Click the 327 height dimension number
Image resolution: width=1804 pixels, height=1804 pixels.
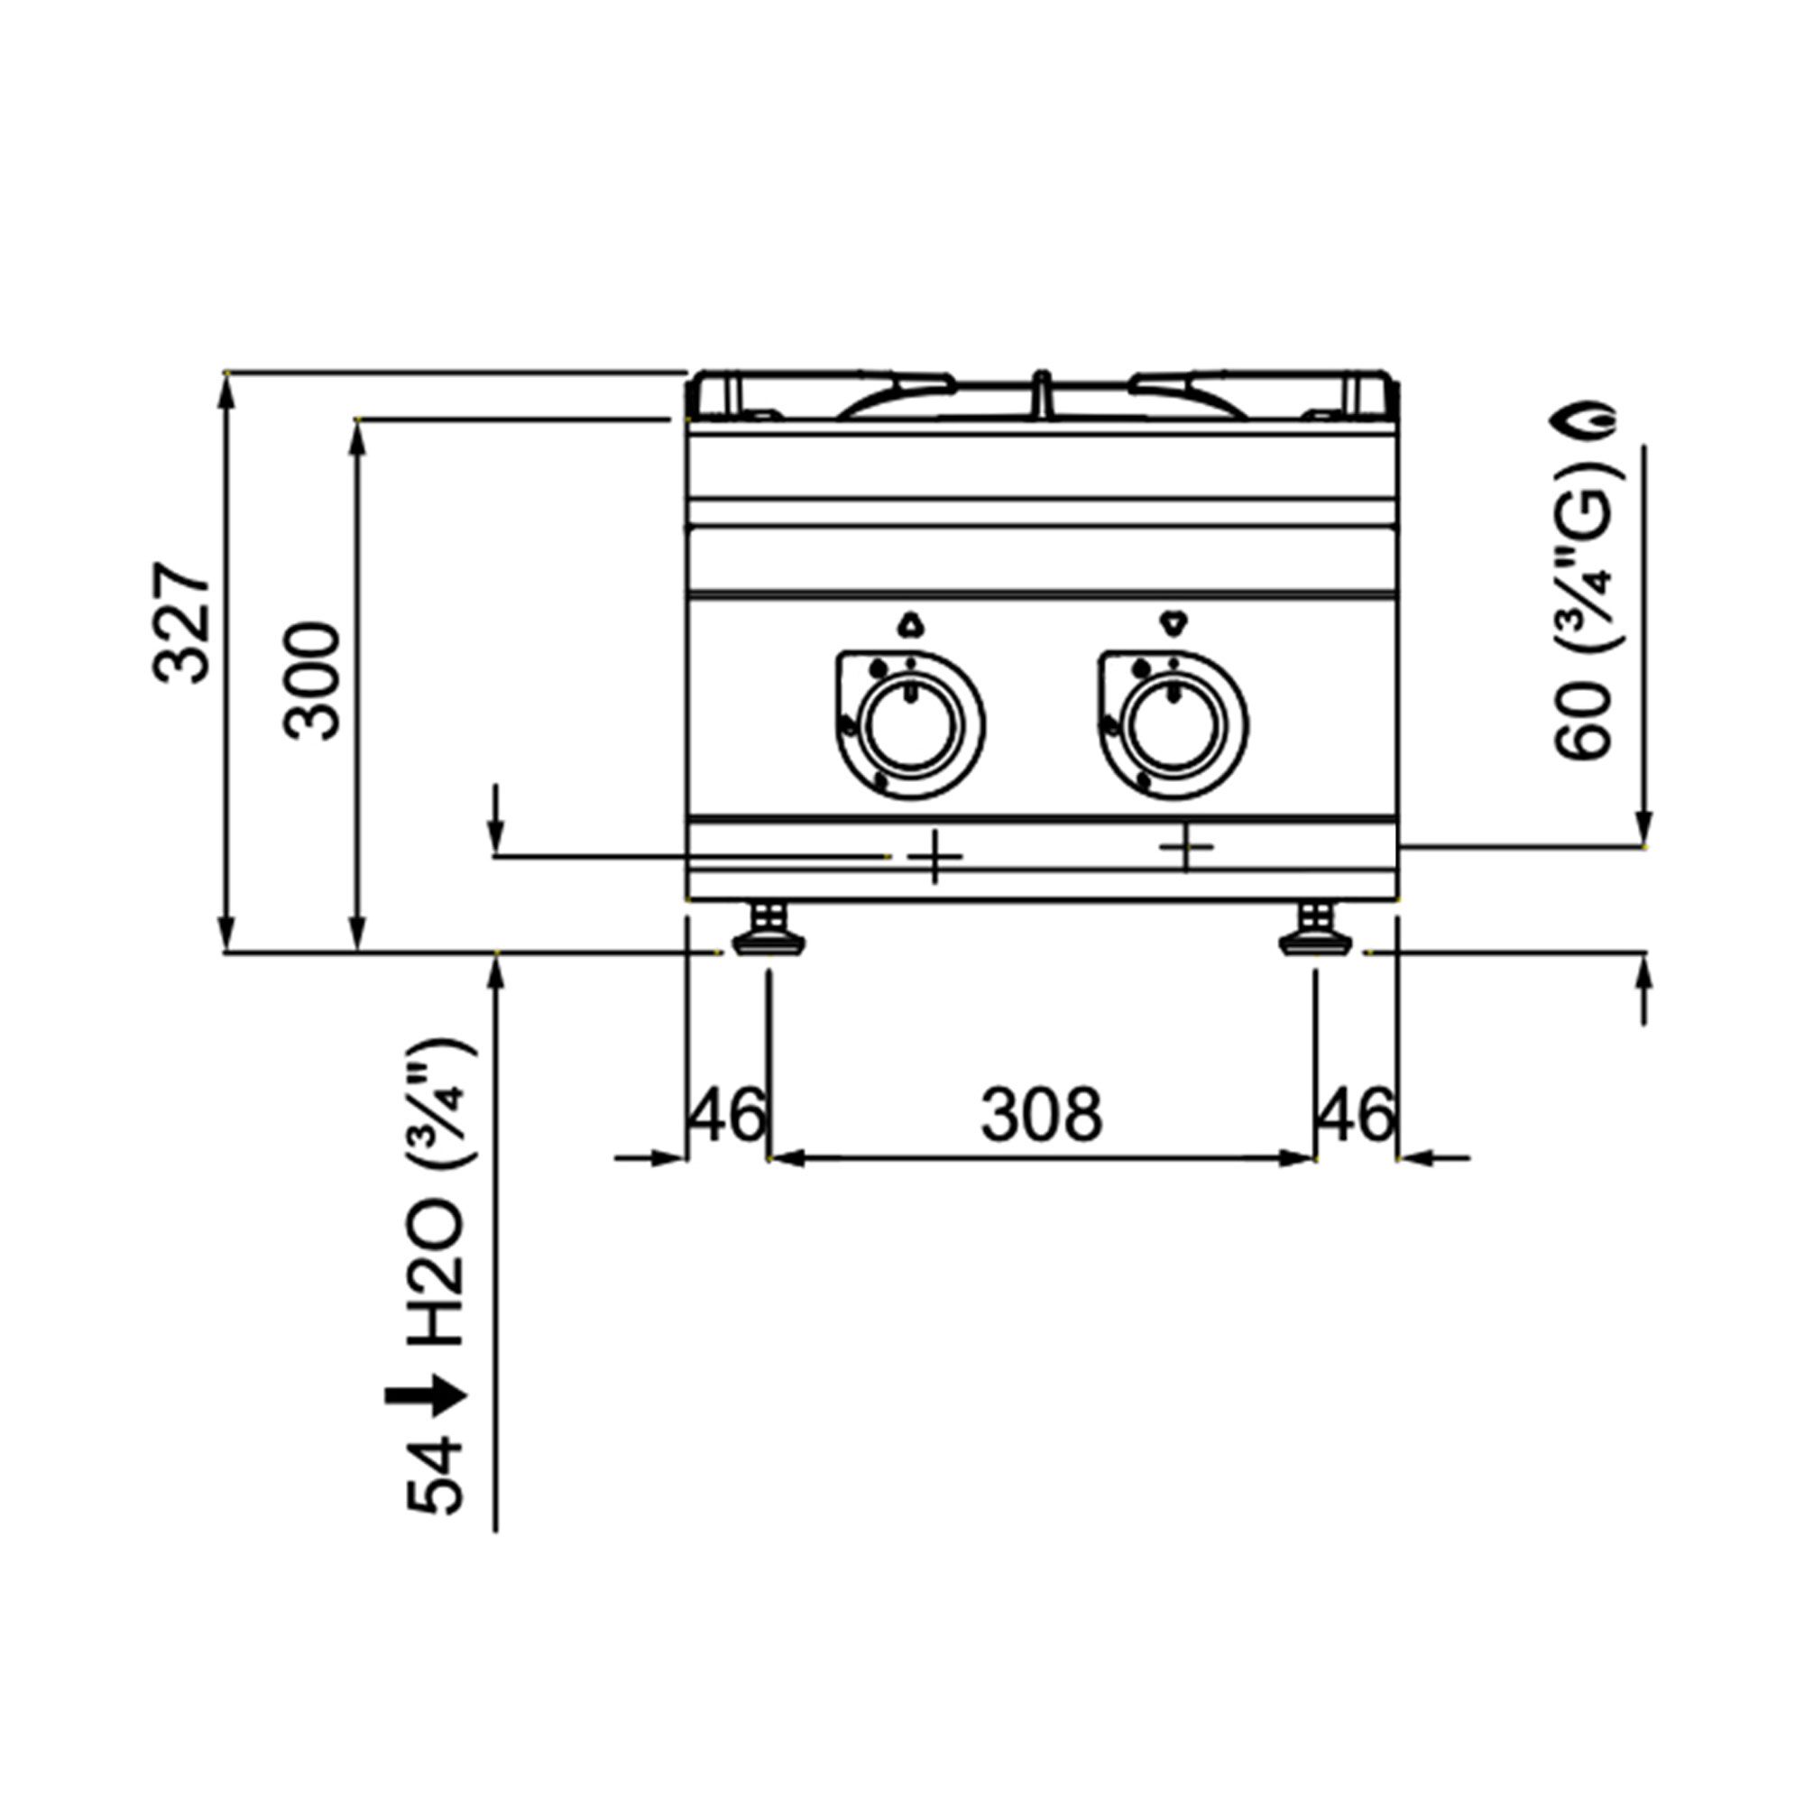[183, 622]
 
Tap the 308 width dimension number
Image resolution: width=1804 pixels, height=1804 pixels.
[1041, 1115]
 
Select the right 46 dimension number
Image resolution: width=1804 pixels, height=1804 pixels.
[1357, 1114]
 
